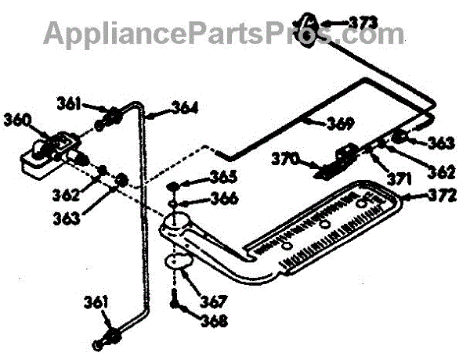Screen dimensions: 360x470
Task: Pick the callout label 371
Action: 399,179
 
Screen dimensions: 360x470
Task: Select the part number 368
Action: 211,320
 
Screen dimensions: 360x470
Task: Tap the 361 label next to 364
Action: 69,103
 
